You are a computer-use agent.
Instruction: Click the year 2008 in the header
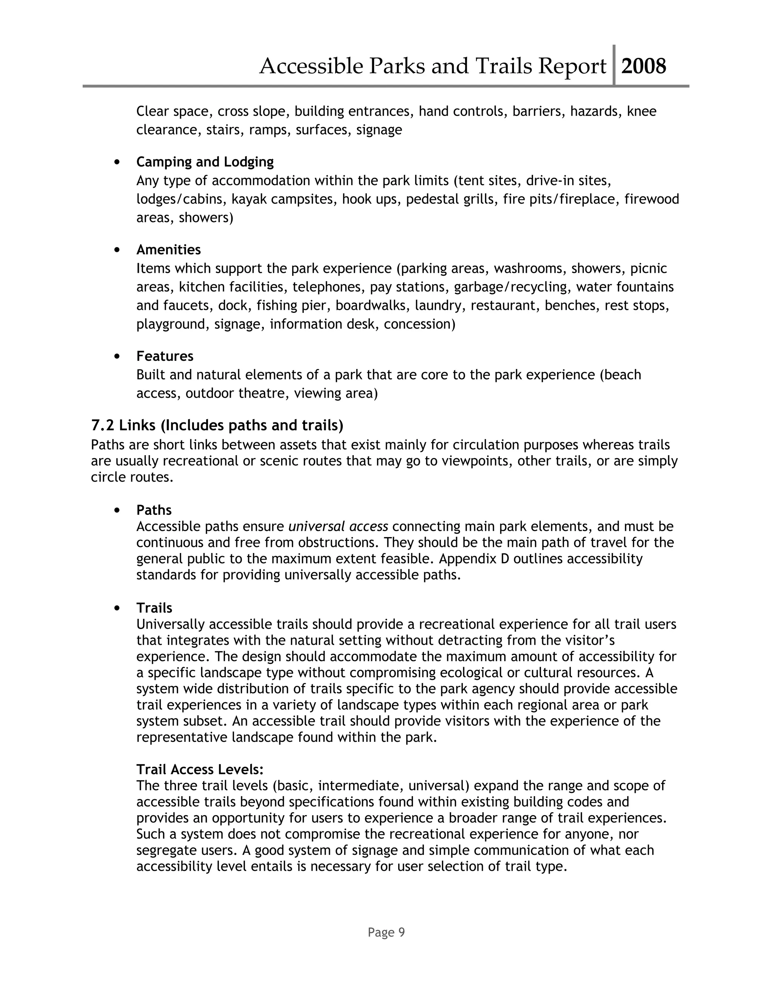(x=644, y=66)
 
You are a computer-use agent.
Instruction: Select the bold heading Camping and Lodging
(x=205, y=162)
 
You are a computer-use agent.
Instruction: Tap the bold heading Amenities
(x=168, y=249)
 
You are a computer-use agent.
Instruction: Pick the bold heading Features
(x=165, y=356)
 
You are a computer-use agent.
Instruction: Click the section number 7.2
(x=103, y=425)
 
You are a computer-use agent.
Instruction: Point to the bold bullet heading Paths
(x=154, y=510)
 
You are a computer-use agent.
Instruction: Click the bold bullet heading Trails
(x=154, y=608)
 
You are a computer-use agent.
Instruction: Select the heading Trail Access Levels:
(x=200, y=769)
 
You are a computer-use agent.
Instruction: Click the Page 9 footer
(x=386, y=932)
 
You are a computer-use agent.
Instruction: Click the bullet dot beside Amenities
(x=118, y=250)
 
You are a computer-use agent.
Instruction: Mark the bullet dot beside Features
(x=118, y=356)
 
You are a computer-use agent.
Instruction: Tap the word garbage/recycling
(x=513, y=287)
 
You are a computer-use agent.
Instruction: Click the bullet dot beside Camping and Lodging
(x=118, y=162)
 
